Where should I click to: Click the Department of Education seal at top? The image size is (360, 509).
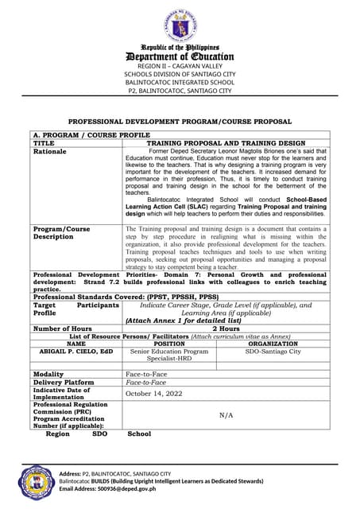coord(180,25)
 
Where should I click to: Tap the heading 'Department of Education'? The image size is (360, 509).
coord(180,56)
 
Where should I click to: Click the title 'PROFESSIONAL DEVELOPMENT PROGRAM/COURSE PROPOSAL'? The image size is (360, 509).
coord(180,122)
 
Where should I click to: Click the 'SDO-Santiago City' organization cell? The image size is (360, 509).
coord(273,351)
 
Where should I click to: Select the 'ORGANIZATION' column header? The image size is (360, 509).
coord(273,343)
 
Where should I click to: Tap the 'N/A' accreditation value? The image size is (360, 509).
coord(225,414)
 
